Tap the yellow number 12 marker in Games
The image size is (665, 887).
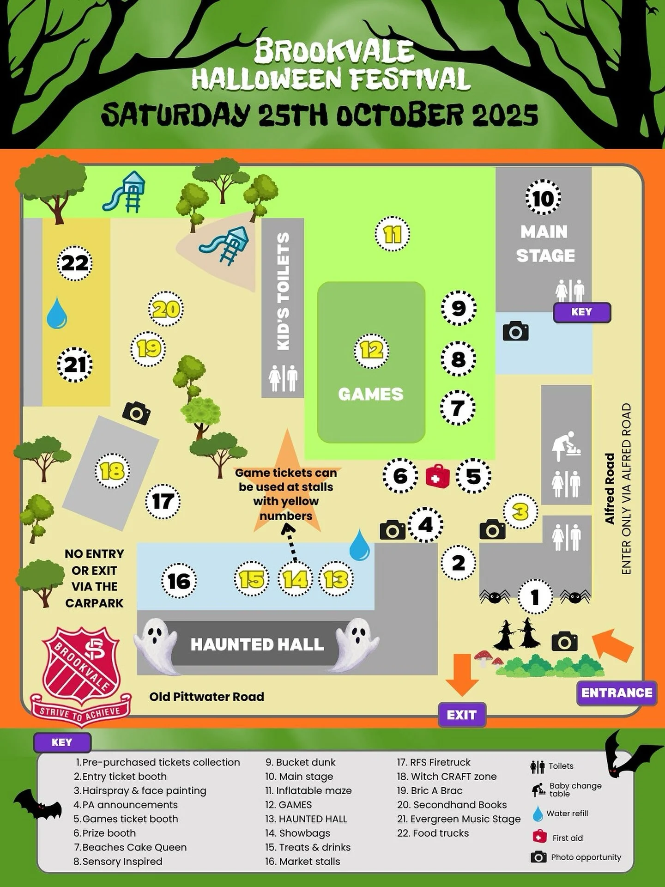coord(371,351)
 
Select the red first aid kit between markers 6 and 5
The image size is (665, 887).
coord(437,476)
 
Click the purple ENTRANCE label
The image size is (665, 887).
coord(617,693)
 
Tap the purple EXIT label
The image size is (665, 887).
coord(461,715)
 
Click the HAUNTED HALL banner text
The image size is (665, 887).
coord(257,644)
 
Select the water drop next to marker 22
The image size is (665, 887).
coord(57,313)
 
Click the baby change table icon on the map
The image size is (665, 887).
coord(566,446)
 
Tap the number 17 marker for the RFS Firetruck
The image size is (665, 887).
coord(163,502)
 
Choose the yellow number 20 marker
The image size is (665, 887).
coord(166,309)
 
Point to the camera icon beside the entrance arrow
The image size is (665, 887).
coord(564,642)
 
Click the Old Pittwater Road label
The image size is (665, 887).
coord(206,697)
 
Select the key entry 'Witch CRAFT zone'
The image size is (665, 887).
coord(447,777)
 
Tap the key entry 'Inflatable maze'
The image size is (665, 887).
coord(308,791)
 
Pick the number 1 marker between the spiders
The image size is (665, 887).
coord(535,597)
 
